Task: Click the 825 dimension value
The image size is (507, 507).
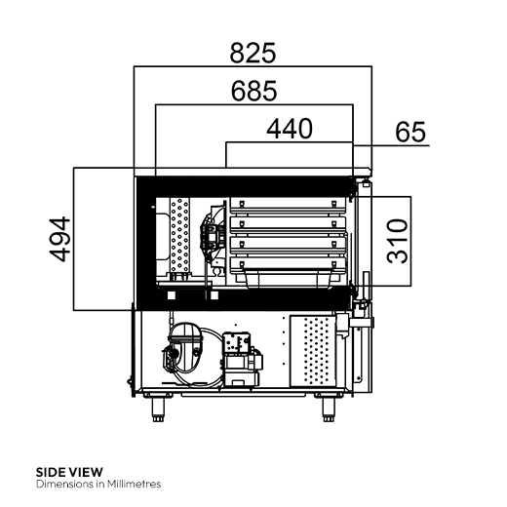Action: [253, 52]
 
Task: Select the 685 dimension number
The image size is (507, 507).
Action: [253, 91]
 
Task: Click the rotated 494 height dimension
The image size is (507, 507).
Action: [61, 238]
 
